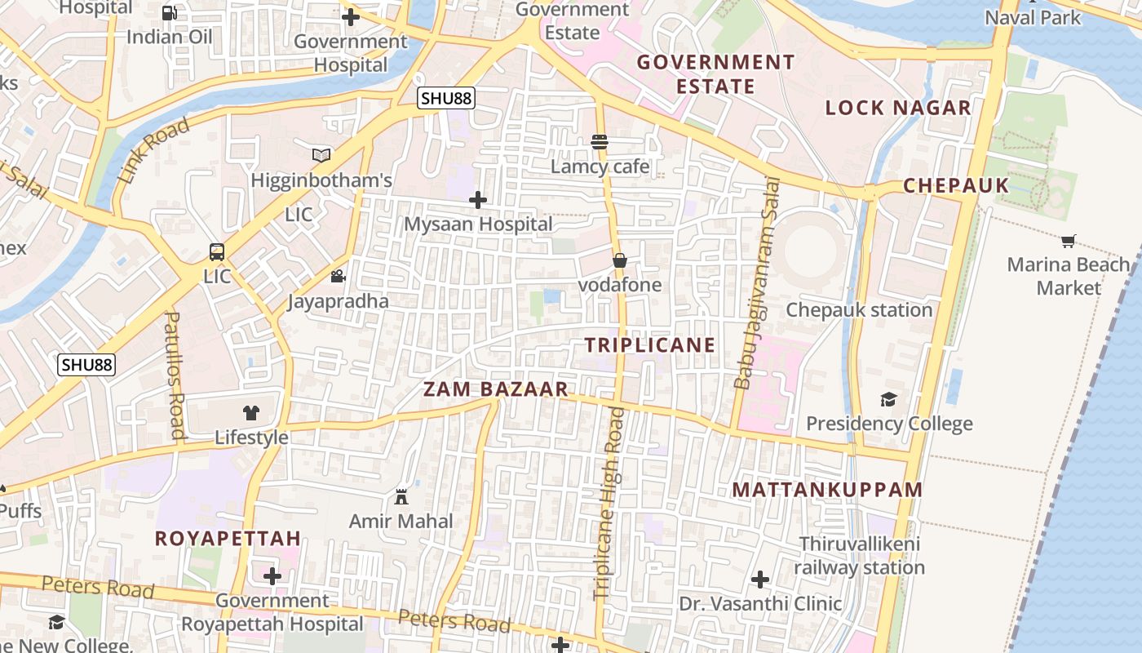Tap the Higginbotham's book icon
click(322, 155)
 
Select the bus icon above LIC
click(217, 251)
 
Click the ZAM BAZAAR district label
click(495, 389)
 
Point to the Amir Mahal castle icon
click(401, 496)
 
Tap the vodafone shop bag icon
click(620, 260)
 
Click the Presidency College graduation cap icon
click(888, 399)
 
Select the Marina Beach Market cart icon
click(1069, 241)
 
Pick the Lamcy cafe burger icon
click(600, 142)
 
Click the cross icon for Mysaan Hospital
click(478, 199)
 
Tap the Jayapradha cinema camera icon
click(338, 277)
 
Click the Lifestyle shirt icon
click(250, 413)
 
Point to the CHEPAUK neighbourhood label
click(956, 185)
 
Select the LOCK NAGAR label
click(898, 108)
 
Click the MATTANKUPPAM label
click(827, 490)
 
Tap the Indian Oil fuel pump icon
click(170, 12)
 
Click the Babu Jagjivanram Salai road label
click(755, 282)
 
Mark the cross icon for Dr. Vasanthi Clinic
click(760, 580)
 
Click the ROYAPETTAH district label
click(228, 539)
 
